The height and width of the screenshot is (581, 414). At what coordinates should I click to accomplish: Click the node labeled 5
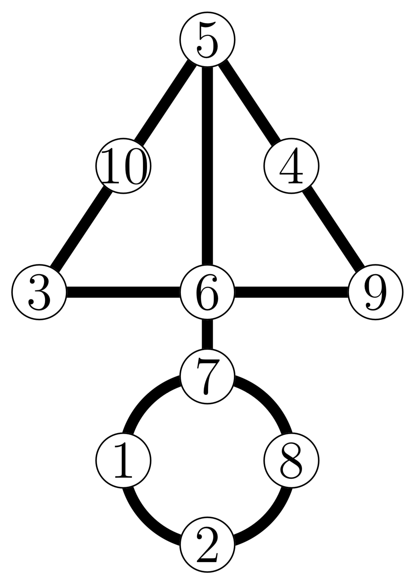point(207,40)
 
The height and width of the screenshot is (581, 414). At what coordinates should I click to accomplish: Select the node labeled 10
point(123,166)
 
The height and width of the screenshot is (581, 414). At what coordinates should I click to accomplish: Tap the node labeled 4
point(291,166)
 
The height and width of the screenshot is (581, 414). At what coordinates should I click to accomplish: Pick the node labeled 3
point(40,292)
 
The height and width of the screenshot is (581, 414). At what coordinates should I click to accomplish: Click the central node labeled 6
point(207,292)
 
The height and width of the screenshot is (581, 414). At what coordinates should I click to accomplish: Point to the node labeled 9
point(375,292)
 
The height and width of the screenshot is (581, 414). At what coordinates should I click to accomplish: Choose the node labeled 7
point(207,376)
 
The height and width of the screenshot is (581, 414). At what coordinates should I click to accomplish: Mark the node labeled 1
point(123,460)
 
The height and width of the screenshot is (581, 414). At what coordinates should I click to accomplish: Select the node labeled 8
point(291,460)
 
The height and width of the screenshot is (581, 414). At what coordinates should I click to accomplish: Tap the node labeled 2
point(207,544)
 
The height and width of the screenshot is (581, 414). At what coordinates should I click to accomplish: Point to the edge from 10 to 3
point(82,229)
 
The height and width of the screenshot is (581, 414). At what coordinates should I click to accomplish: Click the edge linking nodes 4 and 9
point(333,229)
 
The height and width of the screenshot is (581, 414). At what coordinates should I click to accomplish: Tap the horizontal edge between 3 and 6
point(123,292)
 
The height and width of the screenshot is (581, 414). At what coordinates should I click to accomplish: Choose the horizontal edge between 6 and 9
point(291,292)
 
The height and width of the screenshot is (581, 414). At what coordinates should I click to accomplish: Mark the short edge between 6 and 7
point(207,334)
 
